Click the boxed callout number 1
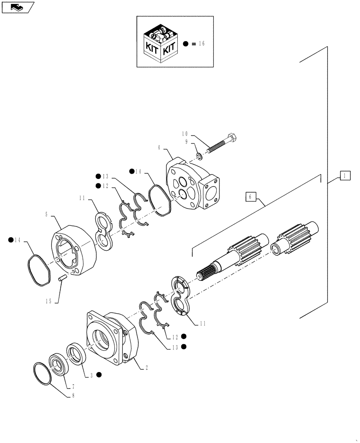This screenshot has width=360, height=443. (x=343, y=176)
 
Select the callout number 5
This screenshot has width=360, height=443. (x=47, y=214)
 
